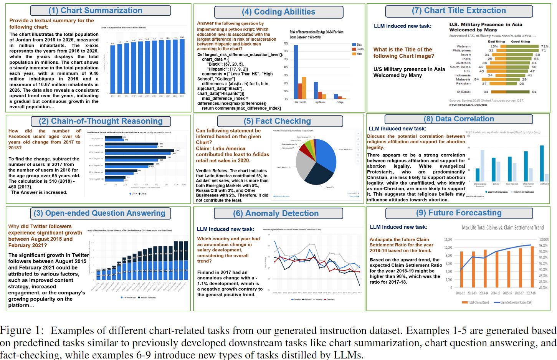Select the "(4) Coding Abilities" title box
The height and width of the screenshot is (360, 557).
[279, 12]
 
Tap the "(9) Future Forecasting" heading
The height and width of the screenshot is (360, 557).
[459, 213]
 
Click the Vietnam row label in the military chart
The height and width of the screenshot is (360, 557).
[463, 46]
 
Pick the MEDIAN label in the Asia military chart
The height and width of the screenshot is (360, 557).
[463, 92]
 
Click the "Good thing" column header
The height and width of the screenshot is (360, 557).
[520, 41]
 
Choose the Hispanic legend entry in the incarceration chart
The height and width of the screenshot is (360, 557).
[360, 49]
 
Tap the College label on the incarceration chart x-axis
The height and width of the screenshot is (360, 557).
[340, 102]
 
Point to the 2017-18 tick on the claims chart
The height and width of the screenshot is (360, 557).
[531, 293]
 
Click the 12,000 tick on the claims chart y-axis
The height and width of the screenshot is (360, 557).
[448, 239]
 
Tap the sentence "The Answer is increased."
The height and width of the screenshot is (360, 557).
[39, 192]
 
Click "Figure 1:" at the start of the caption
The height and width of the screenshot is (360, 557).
[22, 330]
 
